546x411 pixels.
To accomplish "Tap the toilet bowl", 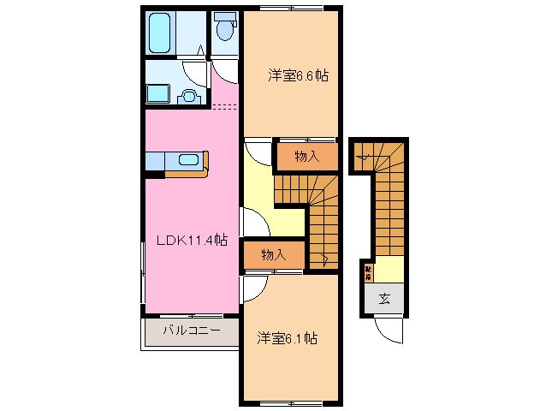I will [225, 31].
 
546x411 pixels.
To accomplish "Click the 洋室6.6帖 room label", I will [298, 76].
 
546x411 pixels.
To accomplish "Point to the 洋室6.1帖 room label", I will [287, 339].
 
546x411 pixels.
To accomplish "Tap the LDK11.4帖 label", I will [191, 241].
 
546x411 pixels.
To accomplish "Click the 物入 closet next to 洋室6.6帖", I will [306, 157].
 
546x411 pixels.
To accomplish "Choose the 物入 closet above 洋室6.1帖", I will [273, 254].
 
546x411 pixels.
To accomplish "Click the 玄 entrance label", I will [384, 299].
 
